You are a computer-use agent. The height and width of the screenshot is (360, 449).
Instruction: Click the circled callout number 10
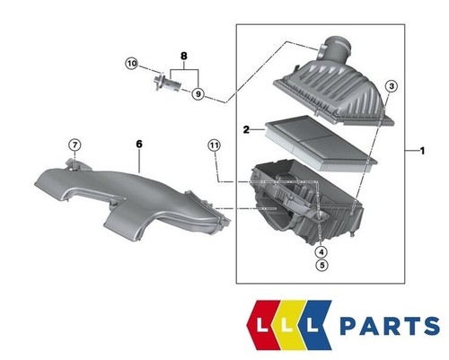click(x=132, y=64)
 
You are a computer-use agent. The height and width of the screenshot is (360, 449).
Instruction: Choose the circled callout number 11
click(x=213, y=145)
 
